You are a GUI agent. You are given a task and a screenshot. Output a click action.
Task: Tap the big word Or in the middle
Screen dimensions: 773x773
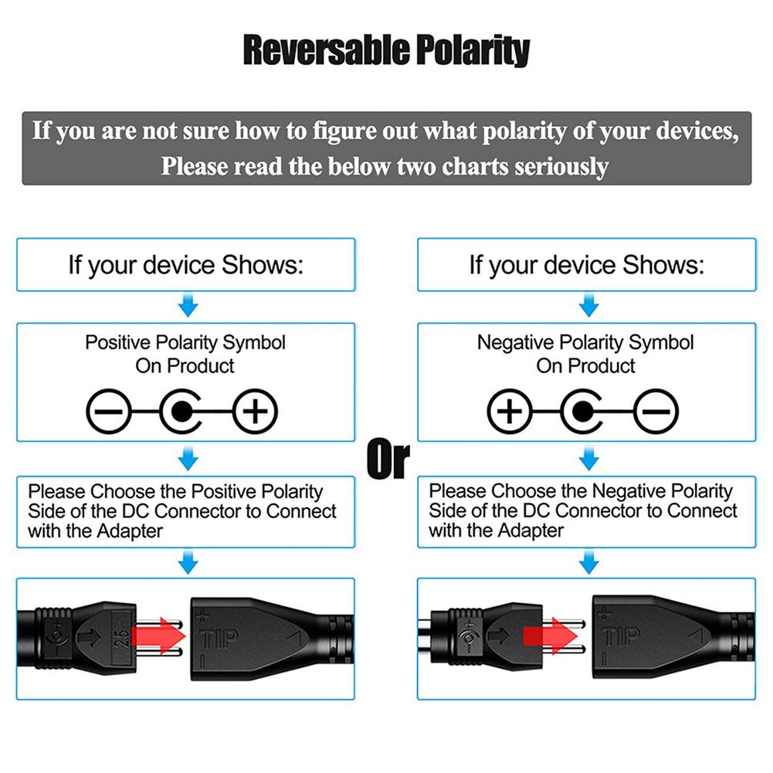(x=388, y=459)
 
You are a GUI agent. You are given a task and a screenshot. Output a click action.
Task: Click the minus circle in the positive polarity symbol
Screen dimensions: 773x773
(x=107, y=415)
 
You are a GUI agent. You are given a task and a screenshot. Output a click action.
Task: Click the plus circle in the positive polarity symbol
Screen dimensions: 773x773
(x=254, y=415)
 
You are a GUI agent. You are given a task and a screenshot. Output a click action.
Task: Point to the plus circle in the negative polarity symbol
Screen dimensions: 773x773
(x=509, y=415)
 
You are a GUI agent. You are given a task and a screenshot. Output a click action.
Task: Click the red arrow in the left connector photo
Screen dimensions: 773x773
(x=159, y=637)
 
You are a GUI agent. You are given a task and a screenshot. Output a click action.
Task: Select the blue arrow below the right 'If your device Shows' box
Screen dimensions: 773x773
(x=588, y=307)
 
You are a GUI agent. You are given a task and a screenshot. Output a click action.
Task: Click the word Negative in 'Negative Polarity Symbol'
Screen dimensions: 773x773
(x=515, y=343)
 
